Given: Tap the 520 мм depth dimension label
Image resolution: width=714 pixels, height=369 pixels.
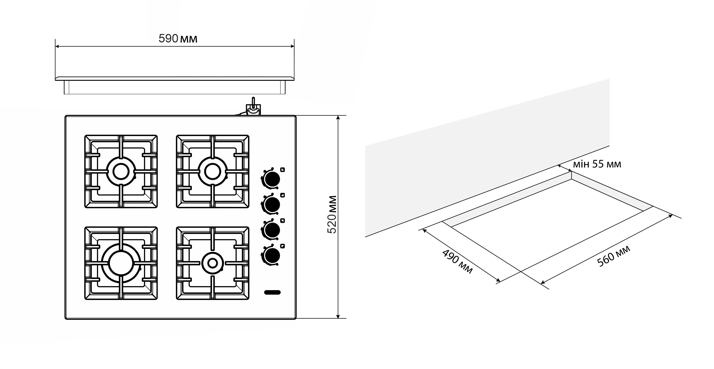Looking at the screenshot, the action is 332,214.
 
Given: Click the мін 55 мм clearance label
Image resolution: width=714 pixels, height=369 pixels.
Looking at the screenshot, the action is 597,164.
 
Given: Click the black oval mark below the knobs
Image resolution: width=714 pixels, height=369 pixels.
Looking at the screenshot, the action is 273,292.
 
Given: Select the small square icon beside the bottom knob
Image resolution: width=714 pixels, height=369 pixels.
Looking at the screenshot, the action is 282,246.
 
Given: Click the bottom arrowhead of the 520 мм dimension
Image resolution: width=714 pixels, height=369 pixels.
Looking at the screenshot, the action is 338,316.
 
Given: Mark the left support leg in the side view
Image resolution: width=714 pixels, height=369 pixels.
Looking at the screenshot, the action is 67,87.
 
